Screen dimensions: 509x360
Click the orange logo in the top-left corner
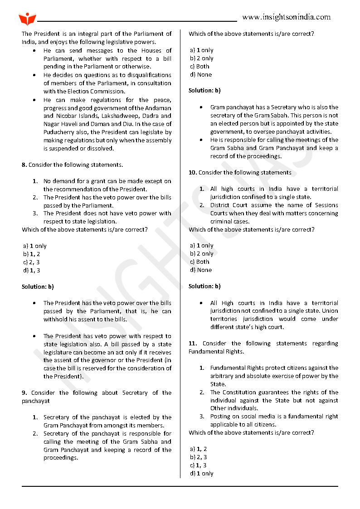pos(27,19)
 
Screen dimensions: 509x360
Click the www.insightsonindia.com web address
pos(286,17)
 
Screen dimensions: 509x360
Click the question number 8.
pos(24,165)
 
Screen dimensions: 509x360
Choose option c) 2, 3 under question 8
pos(31,262)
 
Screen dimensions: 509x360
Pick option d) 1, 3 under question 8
pos(31,271)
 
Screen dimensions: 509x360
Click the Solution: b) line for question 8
pos(38,287)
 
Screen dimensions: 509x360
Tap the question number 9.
pos(24,393)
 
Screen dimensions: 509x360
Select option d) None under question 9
pos(201,75)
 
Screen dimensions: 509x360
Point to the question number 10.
pos(192,173)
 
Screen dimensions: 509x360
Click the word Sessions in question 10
pos(326,205)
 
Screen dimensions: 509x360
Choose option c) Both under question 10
pos(199,262)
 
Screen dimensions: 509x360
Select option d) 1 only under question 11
pos(202,474)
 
